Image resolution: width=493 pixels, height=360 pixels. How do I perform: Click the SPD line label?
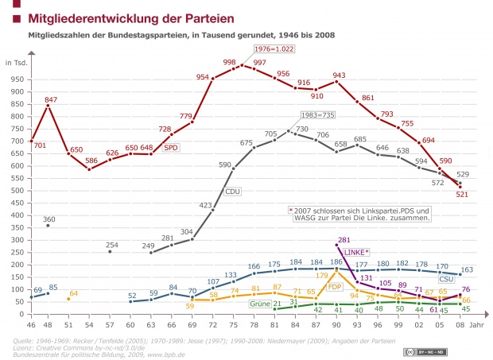170,147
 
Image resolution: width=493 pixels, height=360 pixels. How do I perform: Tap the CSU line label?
446,280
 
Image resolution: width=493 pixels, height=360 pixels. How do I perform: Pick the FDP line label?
335,286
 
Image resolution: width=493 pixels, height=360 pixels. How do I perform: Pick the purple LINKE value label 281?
344,239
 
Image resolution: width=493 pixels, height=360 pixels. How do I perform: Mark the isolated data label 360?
49,219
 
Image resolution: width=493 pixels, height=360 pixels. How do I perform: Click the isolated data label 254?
112,245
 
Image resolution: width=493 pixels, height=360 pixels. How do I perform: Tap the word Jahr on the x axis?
475,326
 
